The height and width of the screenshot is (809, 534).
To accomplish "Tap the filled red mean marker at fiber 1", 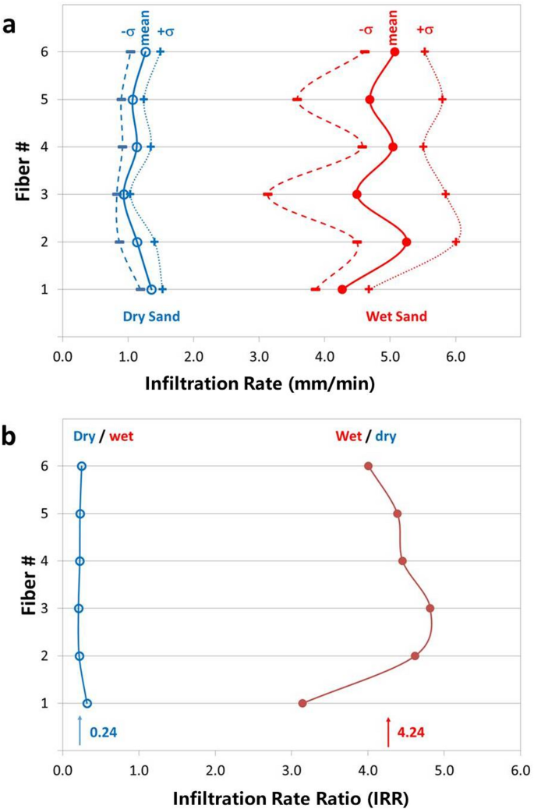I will (x=342, y=289).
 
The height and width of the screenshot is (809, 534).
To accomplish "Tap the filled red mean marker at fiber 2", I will (x=407, y=242).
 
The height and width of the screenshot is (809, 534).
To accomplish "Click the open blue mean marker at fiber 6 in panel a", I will (x=145, y=51).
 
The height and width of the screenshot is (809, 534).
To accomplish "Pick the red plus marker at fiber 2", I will (x=456, y=242).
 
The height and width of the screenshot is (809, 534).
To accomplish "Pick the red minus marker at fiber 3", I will (x=267, y=194).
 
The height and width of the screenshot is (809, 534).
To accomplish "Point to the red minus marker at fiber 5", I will (x=296, y=99).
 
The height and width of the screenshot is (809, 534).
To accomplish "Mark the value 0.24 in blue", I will (x=104, y=733).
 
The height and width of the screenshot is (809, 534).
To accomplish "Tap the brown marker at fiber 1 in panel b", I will (x=302, y=703).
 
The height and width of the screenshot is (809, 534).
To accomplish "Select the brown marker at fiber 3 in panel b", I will (x=430, y=608).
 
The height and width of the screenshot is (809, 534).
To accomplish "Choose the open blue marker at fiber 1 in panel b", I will (x=87, y=703).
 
